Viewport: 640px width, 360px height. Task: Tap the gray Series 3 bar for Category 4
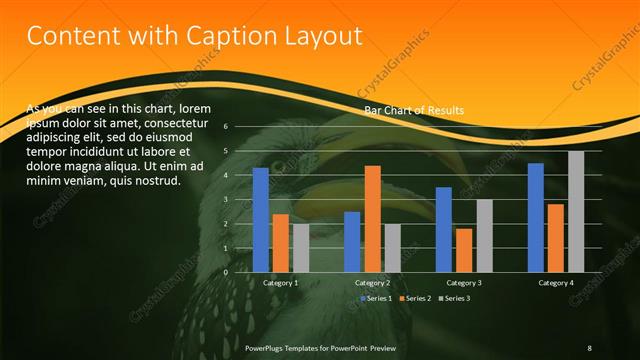click(576, 211)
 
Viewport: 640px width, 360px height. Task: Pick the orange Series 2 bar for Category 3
click(464, 250)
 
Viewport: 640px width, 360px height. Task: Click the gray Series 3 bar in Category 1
click(301, 248)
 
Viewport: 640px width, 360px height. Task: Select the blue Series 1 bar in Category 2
click(352, 242)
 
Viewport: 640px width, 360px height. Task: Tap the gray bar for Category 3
click(484, 236)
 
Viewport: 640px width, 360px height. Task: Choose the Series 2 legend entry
click(415, 298)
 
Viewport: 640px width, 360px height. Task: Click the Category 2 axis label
click(372, 283)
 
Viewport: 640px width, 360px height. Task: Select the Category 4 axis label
click(556, 283)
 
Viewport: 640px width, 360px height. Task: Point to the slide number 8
click(589, 347)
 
